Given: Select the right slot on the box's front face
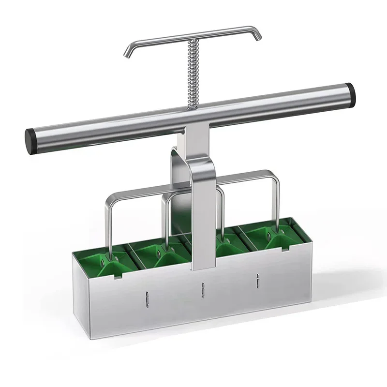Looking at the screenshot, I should [258, 280].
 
